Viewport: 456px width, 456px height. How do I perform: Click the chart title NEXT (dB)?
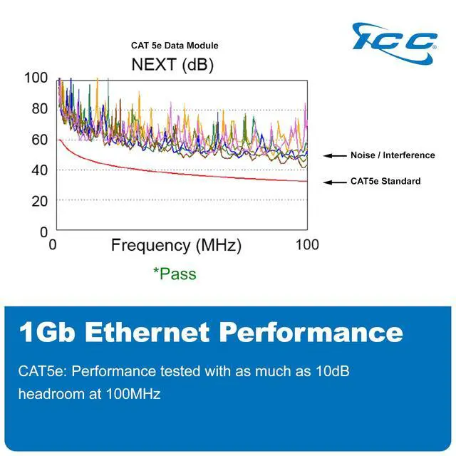(172, 65)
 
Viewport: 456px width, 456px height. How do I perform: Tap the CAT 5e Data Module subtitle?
(175, 46)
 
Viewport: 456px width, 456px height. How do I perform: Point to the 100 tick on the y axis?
(36, 78)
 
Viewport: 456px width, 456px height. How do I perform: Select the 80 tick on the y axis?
(39, 109)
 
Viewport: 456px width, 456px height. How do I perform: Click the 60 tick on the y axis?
(39, 140)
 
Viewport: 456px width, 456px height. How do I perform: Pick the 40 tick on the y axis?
(39, 170)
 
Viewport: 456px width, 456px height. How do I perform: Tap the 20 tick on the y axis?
(39, 201)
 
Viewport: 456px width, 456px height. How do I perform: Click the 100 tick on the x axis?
(307, 245)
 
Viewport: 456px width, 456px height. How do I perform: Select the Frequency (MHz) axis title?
(176, 246)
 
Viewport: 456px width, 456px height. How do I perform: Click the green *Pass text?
(175, 274)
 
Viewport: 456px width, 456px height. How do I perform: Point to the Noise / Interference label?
(392, 155)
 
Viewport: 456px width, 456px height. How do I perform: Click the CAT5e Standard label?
(385, 181)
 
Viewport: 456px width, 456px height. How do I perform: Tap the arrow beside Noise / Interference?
(335, 155)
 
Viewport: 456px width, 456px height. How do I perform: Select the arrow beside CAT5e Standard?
(335, 182)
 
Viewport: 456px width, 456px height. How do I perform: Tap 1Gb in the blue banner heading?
(44, 333)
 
